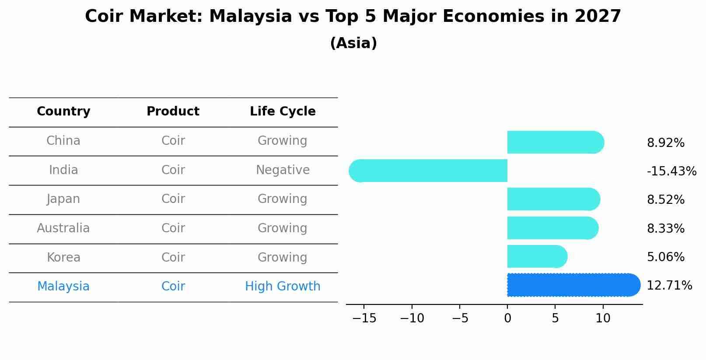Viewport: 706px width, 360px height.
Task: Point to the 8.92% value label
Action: click(665, 143)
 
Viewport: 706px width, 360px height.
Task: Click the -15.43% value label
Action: click(671, 171)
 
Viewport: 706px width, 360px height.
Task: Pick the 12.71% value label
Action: click(669, 286)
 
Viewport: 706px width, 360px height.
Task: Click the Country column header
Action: click(63, 112)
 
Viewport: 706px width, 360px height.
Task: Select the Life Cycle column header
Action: click(283, 112)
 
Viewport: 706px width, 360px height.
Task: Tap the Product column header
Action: click(173, 112)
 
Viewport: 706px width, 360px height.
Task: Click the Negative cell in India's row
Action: click(283, 170)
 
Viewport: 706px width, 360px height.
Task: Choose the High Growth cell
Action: click(283, 287)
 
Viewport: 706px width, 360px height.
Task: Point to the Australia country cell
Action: click(63, 228)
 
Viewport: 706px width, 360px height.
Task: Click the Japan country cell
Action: click(63, 199)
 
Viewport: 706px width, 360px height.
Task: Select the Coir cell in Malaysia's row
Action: click(173, 287)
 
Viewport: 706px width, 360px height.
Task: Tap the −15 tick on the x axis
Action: click(364, 318)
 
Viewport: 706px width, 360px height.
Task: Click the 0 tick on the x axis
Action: click(507, 318)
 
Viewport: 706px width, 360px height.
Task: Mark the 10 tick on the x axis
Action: click(603, 318)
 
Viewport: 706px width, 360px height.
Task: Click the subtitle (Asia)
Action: click(353, 43)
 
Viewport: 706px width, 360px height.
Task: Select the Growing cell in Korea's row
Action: click(283, 257)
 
